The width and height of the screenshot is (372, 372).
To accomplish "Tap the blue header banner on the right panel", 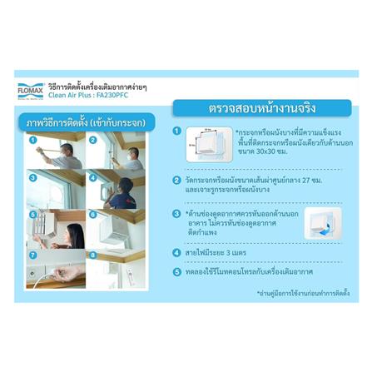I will (261, 108).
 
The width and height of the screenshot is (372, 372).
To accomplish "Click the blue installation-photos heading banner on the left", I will (83, 122).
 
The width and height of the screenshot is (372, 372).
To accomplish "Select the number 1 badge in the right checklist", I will (176, 131).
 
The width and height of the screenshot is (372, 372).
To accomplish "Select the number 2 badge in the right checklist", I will (176, 180).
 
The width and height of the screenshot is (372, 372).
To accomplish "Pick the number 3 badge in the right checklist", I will (176, 214).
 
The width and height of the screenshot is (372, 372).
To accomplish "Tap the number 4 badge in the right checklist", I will (176, 252).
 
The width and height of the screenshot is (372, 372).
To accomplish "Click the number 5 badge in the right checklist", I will (176, 271).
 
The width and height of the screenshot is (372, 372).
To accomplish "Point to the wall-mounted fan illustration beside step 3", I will (321, 222).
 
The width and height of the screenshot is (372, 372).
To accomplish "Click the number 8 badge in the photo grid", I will (93, 255).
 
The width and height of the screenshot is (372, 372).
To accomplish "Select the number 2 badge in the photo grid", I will (93, 139).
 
